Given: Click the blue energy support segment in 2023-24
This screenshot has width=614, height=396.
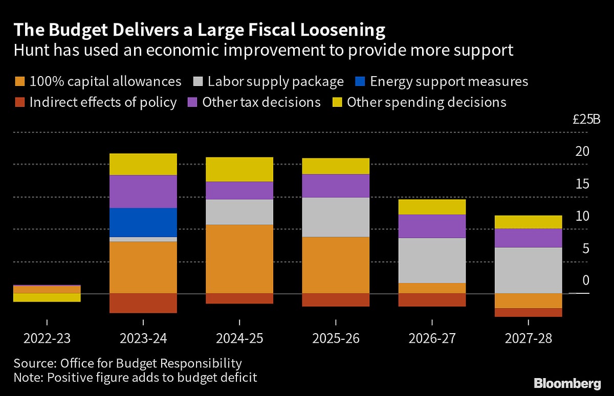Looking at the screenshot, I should point(143,222).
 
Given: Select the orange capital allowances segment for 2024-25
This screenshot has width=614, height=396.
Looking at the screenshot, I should point(239,259).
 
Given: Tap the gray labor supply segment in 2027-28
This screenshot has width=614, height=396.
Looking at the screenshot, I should point(528,270).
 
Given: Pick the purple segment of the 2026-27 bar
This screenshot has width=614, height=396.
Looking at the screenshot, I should point(432,226).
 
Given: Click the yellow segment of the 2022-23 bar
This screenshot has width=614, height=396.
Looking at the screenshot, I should point(47,297).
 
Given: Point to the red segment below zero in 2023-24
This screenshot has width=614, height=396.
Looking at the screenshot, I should point(143,303).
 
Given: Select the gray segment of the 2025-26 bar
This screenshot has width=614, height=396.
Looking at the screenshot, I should point(336,217).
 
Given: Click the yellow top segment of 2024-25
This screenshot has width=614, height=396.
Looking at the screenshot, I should point(239,169).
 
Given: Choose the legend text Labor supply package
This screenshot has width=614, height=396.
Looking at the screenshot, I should point(276,82).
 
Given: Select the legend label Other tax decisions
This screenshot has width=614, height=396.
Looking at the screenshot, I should point(261,102).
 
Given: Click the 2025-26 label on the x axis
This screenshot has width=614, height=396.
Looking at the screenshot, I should point(336,339).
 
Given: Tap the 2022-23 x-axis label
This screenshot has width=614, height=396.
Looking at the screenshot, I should point(47,339).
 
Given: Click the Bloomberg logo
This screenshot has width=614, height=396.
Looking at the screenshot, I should point(567,383).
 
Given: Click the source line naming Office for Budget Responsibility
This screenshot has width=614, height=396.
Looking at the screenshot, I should point(127,364).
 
